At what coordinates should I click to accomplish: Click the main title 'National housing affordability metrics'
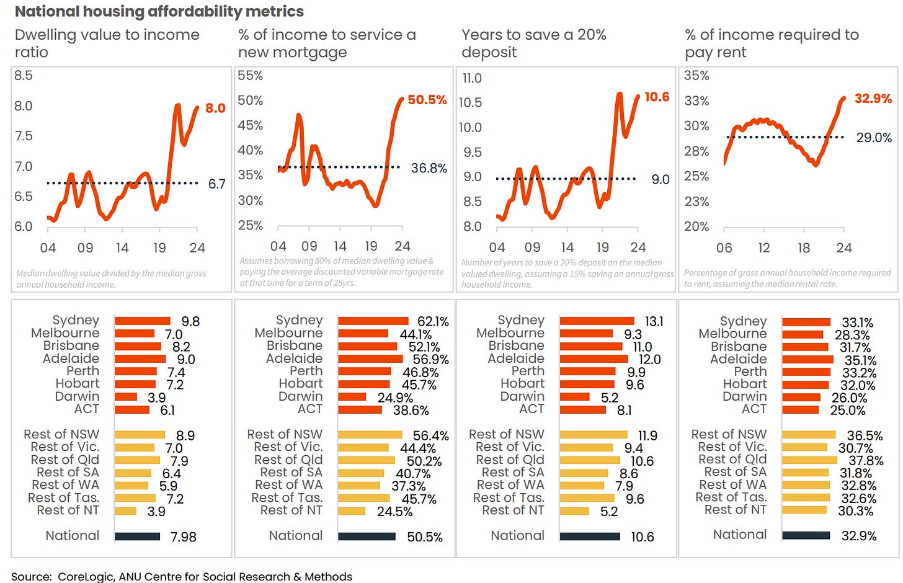[x=159, y=11]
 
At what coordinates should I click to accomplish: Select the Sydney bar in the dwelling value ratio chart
[x=142, y=321]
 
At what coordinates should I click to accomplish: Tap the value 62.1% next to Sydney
[x=433, y=322]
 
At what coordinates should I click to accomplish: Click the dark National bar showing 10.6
[x=589, y=536]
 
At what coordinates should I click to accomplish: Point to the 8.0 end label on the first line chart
[x=215, y=108]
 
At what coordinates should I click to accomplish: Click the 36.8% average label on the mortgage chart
[x=429, y=168]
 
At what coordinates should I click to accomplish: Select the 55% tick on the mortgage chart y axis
[x=251, y=76]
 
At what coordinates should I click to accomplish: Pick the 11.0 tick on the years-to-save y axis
[x=472, y=78]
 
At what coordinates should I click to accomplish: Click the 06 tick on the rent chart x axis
[x=724, y=248]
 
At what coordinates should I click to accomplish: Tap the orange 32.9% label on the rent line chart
[x=873, y=99]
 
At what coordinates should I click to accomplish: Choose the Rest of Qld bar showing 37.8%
[x=809, y=460]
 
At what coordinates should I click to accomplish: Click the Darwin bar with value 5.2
[x=574, y=397]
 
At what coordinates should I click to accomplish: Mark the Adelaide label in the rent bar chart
[x=738, y=359]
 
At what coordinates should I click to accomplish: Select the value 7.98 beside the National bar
[x=184, y=537]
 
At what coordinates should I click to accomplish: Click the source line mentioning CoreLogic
[x=182, y=576]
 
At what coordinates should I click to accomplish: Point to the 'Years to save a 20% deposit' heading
[x=533, y=43]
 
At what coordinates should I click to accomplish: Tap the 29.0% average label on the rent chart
[x=873, y=138]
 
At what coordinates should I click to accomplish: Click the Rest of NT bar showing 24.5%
[x=352, y=511]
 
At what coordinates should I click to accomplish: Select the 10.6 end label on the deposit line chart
[x=656, y=97]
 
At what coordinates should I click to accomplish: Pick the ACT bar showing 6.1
[x=132, y=409]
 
